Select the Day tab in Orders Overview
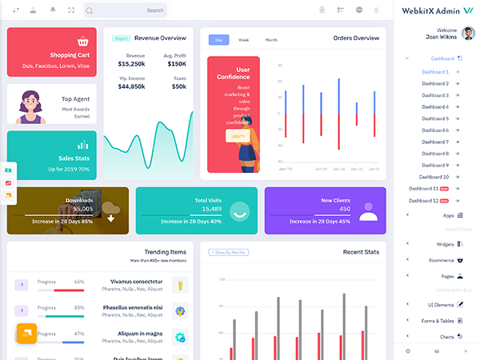pyautogui.click(x=218, y=39)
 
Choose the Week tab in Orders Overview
pyautogui.click(x=244, y=39)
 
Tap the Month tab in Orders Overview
pyautogui.click(x=271, y=39)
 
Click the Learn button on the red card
pyautogui.click(x=238, y=136)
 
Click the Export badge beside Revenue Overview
pyautogui.click(x=121, y=38)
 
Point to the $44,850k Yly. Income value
pyautogui.click(x=131, y=86)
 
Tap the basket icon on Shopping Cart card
pyautogui.click(x=82, y=41)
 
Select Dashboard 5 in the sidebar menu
pyautogui.click(x=435, y=118)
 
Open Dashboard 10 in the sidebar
pyautogui.click(x=434, y=177)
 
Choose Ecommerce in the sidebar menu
pyautogui.click(x=441, y=259)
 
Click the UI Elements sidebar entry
pyautogui.click(x=441, y=305)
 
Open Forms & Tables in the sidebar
pyautogui.click(x=439, y=321)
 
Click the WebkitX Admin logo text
pyautogui.click(x=433, y=10)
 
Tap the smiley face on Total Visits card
pyautogui.click(x=239, y=210)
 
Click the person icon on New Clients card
pyautogui.click(x=367, y=211)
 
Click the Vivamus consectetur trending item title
pyautogui.click(x=135, y=282)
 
